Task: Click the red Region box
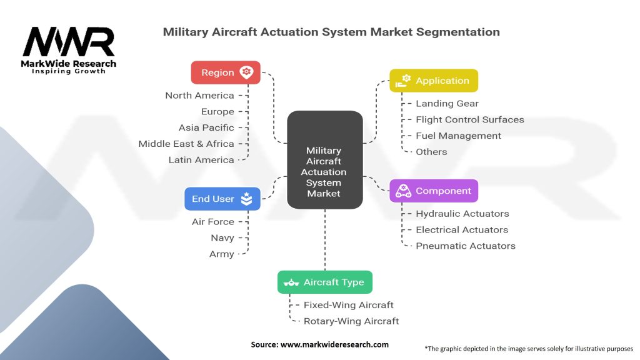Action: pyautogui.click(x=225, y=72)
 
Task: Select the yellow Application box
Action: pyautogui.click(x=433, y=81)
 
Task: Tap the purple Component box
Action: pyautogui.click(x=433, y=191)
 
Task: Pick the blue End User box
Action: pyautogui.click(x=222, y=199)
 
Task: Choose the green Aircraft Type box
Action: pyautogui.click(x=324, y=282)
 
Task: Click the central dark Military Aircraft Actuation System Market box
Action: pyautogui.click(x=324, y=159)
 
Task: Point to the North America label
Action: pyautogui.click(x=199, y=96)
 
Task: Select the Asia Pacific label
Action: pyautogui.click(x=206, y=127)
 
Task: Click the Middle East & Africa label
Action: pyautogui.click(x=186, y=144)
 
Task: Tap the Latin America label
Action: pyautogui.click(x=201, y=160)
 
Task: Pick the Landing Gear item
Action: pyautogui.click(x=447, y=104)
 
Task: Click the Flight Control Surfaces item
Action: pyautogui.click(x=469, y=119)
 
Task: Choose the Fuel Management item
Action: pyautogui.click(x=458, y=136)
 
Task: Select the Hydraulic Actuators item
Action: pyautogui.click(x=462, y=214)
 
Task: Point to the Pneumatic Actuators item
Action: pyautogui.click(x=465, y=246)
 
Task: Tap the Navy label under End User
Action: pyautogui.click(x=222, y=238)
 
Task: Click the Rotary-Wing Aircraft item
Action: pyautogui.click(x=351, y=321)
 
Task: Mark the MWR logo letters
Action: pyautogui.click(x=69, y=42)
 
